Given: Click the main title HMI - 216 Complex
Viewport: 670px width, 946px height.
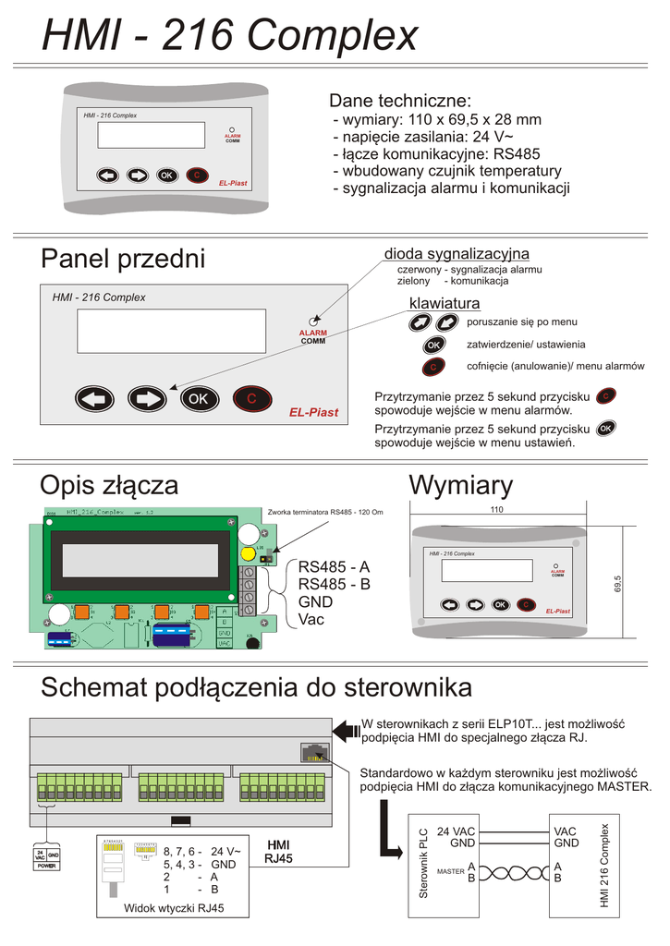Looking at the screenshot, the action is (x=230, y=37).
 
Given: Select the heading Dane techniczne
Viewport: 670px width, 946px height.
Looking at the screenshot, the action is (x=400, y=101).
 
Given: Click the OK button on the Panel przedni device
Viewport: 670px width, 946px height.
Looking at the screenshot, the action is (x=197, y=399).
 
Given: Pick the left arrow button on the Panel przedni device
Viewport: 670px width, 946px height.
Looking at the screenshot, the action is (x=93, y=399).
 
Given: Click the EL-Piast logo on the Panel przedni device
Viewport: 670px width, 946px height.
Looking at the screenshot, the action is (x=313, y=412).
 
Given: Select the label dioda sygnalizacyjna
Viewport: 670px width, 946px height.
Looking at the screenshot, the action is (x=457, y=254).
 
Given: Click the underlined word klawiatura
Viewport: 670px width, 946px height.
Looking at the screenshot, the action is (x=445, y=304).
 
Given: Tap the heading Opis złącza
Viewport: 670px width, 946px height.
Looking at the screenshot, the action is (x=109, y=485).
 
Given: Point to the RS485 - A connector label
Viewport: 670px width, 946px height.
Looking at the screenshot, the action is (x=334, y=566).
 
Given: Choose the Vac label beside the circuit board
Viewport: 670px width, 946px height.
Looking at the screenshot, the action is (x=311, y=619).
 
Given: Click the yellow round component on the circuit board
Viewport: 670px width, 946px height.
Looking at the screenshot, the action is (x=248, y=555).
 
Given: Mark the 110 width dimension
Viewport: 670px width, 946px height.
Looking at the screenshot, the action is (x=496, y=510).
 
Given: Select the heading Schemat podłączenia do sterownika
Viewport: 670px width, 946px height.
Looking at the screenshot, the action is (x=257, y=687).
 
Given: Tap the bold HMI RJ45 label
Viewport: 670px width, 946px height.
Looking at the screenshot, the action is (x=278, y=852).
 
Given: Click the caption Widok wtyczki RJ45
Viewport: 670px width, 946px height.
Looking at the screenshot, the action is (x=175, y=908).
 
